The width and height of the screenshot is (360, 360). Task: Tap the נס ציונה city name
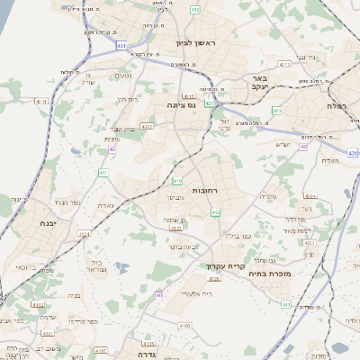click(172, 104)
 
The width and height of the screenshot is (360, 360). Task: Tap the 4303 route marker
click(147, 127)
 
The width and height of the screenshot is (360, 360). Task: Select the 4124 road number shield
click(85, 234)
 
